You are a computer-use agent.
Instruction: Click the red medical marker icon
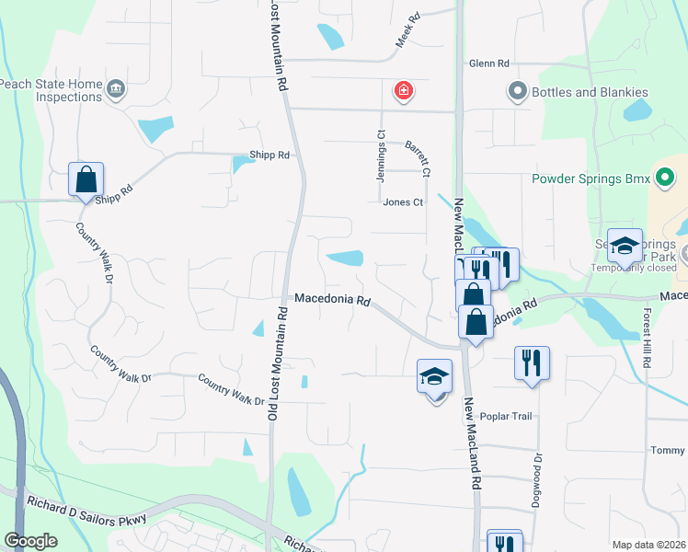pos(403,90)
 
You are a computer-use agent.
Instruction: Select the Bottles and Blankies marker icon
pos(516,92)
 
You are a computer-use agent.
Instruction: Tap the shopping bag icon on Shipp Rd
pos(86,179)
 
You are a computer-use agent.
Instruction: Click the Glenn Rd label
pos(488,63)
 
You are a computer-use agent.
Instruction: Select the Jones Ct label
pos(403,202)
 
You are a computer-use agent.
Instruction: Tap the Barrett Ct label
pos(418,158)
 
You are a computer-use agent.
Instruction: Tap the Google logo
pos(30,541)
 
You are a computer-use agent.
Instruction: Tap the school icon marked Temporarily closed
pos(625,245)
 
